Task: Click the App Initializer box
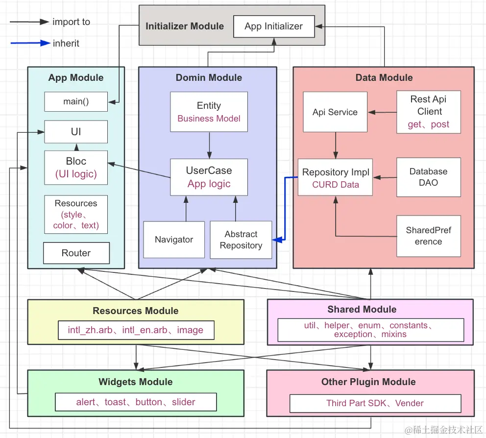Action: (273, 26)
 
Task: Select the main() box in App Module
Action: (76, 102)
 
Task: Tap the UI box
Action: (76, 132)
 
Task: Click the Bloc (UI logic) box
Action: (76, 167)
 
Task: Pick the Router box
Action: (76, 253)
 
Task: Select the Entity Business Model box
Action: (209, 112)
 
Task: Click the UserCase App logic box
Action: (209, 177)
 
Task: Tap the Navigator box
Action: (174, 240)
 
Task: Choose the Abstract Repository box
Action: (241, 240)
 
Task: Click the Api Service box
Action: (335, 112)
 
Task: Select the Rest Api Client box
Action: (429, 112)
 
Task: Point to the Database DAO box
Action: (429, 177)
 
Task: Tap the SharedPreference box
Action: (429, 236)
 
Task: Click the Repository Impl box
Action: (336, 178)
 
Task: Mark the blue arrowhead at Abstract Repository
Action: (278, 240)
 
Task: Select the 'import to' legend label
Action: (71, 22)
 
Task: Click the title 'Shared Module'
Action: (362, 309)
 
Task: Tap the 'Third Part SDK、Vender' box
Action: (375, 403)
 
